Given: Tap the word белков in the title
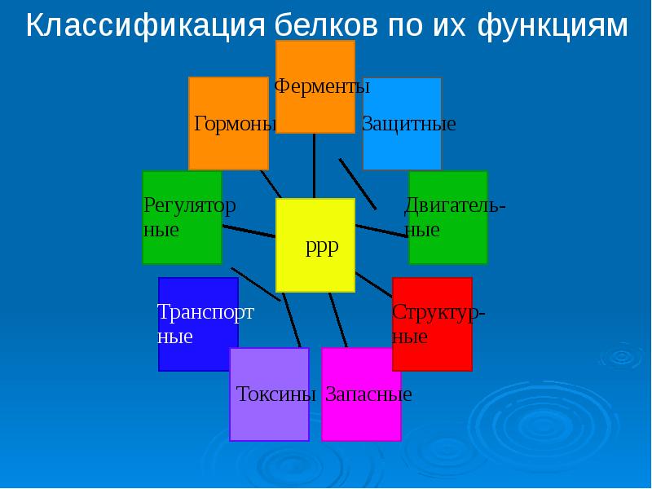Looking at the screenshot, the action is [326, 25].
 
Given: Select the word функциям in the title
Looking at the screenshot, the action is [553, 27].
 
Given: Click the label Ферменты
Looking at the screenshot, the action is [322, 87].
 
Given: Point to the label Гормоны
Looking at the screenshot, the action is [236, 124].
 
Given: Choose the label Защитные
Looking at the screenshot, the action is [409, 124].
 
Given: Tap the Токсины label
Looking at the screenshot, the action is [276, 394].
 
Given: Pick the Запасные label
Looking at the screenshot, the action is [368, 394].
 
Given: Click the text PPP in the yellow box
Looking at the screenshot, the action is [322, 249].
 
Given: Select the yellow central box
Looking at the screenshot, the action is [315, 245].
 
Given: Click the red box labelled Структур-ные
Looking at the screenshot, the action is [433, 324].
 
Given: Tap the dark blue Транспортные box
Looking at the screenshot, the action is [198, 324].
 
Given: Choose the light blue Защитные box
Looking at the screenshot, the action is [402, 124].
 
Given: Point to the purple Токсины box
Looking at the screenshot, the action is [270, 394].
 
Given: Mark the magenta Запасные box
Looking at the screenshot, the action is [361, 394].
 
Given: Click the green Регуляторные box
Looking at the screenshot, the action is [182, 218].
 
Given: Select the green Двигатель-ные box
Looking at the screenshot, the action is [448, 218].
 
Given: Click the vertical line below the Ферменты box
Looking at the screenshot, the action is [314, 166].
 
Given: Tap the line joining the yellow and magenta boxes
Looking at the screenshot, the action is [337, 319].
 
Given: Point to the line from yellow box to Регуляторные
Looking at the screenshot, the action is [249, 231].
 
